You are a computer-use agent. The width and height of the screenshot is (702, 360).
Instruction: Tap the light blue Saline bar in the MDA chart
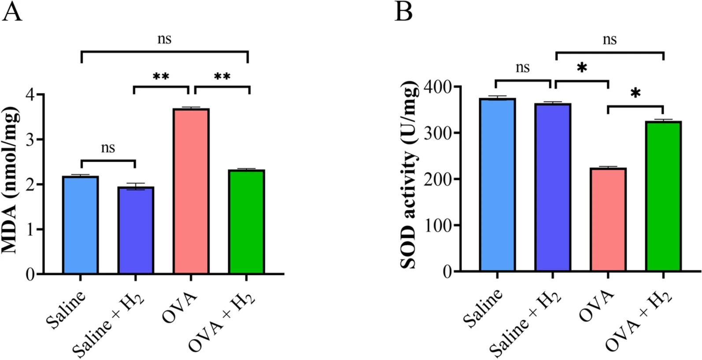click(x=81, y=225)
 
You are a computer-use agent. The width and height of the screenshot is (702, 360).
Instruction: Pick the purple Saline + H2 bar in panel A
click(x=136, y=230)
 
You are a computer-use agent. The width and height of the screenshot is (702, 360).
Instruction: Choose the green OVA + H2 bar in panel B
click(x=663, y=196)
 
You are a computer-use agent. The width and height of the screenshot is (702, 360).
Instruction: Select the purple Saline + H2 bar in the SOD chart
click(x=553, y=187)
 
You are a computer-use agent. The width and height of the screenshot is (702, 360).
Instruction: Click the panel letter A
click(x=12, y=12)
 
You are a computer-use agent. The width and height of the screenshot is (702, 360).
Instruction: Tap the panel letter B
click(x=403, y=12)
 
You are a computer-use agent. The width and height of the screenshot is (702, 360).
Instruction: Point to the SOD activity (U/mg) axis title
click(x=409, y=175)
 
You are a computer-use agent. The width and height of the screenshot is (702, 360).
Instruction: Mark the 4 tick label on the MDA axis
click(x=30, y=95)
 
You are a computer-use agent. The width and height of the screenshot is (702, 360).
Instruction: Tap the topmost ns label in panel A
click(x=164, y=39)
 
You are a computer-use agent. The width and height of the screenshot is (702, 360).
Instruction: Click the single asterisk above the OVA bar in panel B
click(x=582, y=68)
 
